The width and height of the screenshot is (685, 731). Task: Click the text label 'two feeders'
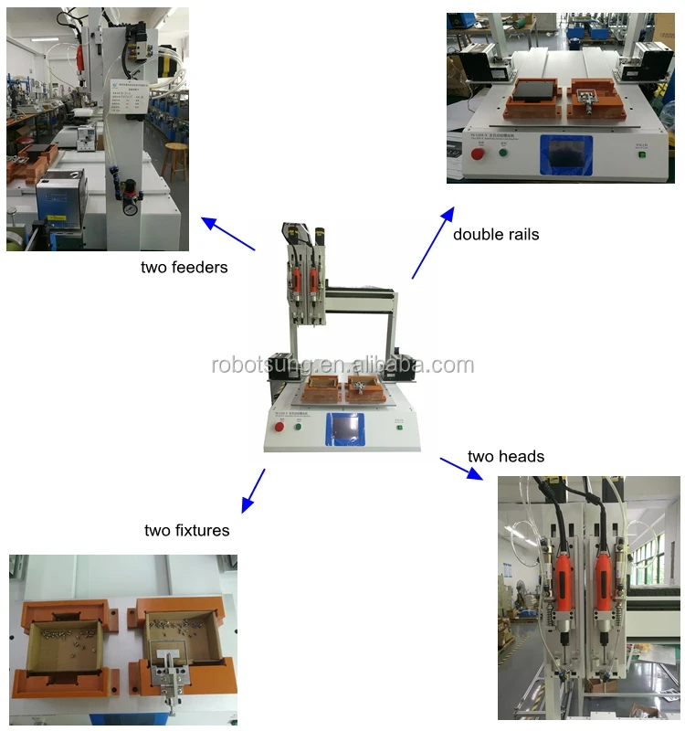click(x=184, y=268)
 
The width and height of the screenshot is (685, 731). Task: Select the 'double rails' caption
click(x=496, y=235)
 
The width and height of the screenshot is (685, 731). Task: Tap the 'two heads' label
click(x=505, y=456)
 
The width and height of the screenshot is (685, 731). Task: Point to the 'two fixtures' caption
click(x=186, y=530)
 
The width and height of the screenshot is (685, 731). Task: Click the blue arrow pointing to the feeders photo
click(x=227, y=234)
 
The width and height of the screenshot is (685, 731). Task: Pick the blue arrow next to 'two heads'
click(x=461, y=468)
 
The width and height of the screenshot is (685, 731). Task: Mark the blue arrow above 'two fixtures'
click(x=253, y=491)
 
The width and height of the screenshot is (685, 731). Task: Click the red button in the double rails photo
click(x=476, y=152)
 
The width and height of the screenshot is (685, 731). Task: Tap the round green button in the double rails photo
click(x=502, y=151)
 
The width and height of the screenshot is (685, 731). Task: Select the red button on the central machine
click(x=278, y=427)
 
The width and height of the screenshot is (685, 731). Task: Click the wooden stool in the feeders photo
click(x=175, y=159)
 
